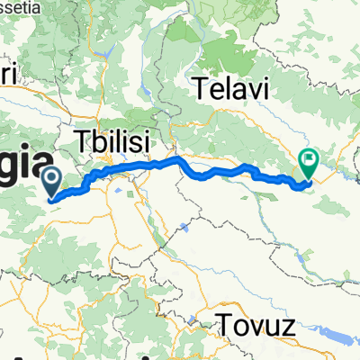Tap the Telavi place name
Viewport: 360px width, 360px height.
229,89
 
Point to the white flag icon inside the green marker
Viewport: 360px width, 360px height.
309,160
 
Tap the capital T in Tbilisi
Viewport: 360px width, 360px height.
83,141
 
